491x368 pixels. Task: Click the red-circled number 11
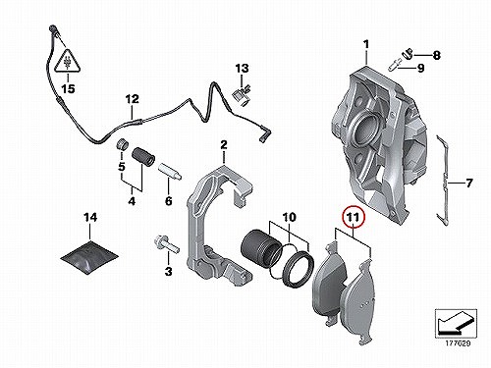(354, 217)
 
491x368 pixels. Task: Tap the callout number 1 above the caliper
(366, 44)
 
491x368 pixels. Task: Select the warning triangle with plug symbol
(68, 61)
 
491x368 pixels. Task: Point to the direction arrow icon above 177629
(456, 322)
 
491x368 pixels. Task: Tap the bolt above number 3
(166, 245)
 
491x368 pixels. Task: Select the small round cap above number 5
(123, 144)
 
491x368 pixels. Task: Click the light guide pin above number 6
(170, 171)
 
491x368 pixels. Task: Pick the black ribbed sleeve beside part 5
(143, 157)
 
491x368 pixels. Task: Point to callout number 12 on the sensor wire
(133, 99)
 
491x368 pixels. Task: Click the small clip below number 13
(241, 95)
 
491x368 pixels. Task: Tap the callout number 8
(437, 55)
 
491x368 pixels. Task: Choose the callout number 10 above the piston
(289, 217)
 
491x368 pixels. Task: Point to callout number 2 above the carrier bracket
(224, 144)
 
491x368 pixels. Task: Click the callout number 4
(132, 201)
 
